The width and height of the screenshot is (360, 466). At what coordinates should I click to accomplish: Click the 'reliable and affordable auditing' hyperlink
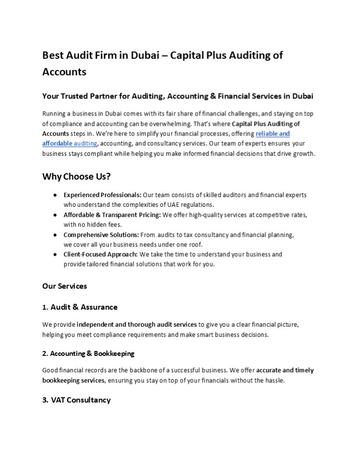(272, 133)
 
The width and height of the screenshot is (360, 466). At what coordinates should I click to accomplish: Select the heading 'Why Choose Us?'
(77, 176)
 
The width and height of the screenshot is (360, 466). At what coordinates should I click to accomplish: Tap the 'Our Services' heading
(65, 286)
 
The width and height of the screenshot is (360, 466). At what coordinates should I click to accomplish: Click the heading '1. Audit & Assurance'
(80, 307)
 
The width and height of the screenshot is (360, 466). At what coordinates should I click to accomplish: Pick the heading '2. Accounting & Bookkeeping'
(88, 353)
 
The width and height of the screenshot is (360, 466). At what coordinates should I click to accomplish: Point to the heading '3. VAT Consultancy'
(77, 400)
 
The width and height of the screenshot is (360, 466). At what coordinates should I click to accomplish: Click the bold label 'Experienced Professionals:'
(103, 195)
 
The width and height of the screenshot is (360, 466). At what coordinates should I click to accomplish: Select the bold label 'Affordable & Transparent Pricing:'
(112, 215)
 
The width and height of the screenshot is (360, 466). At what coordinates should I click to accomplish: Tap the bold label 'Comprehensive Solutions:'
(101, 234)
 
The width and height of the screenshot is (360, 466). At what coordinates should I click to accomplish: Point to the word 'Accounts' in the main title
(65, 71)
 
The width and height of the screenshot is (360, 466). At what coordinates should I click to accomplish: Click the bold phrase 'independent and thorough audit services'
(137, 324)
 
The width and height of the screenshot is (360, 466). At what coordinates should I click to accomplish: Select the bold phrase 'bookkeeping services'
(73, 381)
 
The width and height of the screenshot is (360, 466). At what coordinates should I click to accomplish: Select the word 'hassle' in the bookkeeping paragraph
(273, 381)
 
